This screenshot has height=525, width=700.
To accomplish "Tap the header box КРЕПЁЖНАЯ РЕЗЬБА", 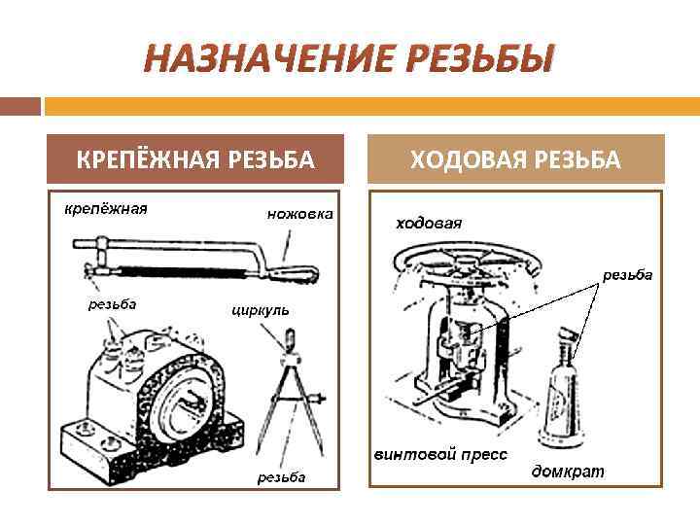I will point(195,159).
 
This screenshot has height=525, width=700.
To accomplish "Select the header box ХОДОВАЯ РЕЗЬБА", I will point(515,159).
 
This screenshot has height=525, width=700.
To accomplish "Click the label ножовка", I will point(299,214).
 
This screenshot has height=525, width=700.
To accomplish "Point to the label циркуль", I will point(261,310).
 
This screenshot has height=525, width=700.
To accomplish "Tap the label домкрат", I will point(568,472).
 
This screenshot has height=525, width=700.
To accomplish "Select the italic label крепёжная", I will point(106,208).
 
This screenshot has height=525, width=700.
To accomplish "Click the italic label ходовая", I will point(428,223).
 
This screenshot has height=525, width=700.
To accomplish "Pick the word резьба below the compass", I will point(281,476).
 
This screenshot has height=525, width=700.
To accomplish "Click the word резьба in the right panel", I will point(627,275).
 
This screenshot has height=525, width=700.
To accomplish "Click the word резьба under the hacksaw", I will point(113,303).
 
